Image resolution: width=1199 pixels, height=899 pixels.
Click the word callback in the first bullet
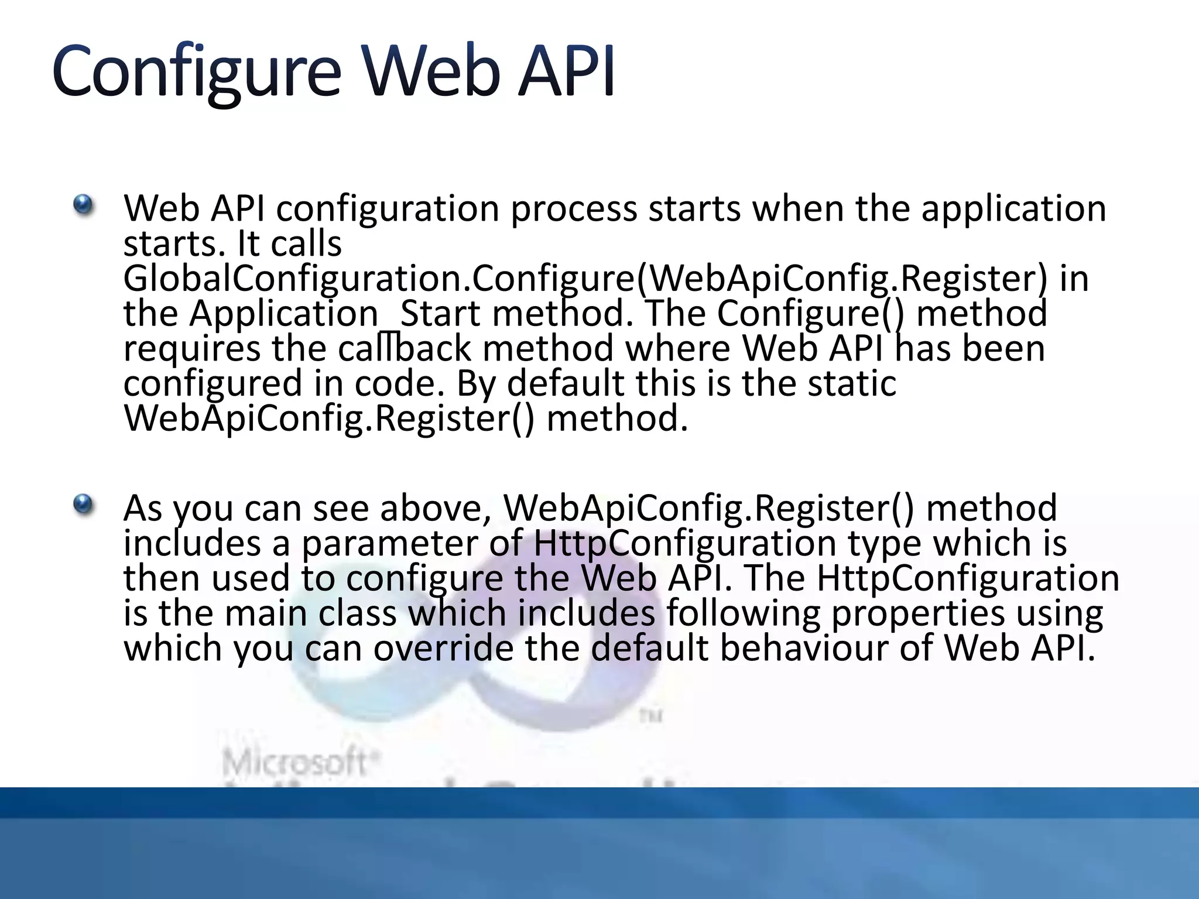pyautogui.click(x=404, y=349)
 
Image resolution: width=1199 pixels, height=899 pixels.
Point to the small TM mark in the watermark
pyautogui.click(x=650, y=716)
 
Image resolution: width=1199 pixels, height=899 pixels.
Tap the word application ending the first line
pyautogui.click(x=1013, y=209)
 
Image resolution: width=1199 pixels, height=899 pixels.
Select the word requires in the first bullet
pyautogui.click(x=191, y=350)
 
